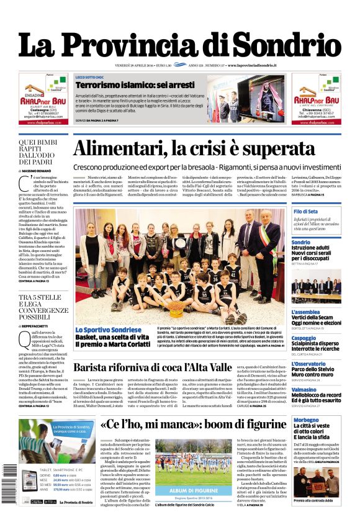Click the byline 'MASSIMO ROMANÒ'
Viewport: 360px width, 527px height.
tap(41, 170)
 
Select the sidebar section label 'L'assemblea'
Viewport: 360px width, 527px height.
tap(306, 312)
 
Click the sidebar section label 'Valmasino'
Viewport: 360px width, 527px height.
tap(304, 389)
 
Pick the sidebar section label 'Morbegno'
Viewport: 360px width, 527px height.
tap(304, 420)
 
